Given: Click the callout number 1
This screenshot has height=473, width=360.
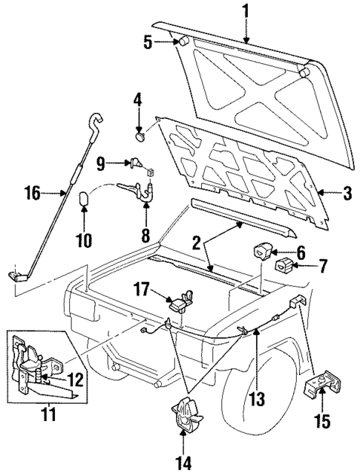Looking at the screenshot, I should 243,11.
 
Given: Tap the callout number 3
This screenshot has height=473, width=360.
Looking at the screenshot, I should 346,194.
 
